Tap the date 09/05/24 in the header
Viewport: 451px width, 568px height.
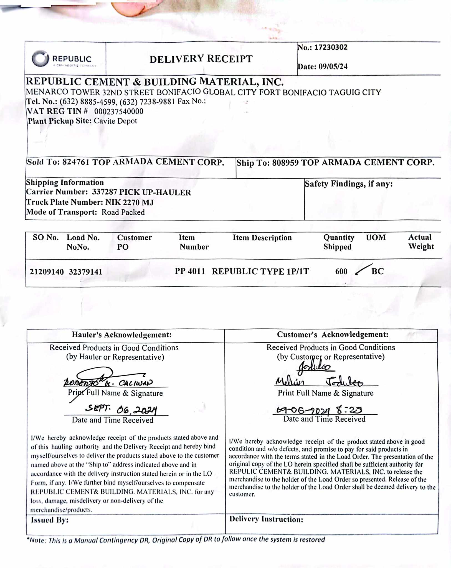tap(333, 67)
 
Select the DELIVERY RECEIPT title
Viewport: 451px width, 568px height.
tap(201, 59)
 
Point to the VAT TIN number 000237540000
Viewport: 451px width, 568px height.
tap(119, 111)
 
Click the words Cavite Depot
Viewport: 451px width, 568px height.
tap(115, 121)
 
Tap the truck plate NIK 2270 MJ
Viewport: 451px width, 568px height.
tap(129, 202)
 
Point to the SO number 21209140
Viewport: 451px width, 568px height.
tap(47, 272)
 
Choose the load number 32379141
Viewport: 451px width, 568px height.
tap(85, 272)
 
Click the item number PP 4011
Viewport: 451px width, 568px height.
tap(190, 271)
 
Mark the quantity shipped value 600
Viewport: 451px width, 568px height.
tap(341, 272)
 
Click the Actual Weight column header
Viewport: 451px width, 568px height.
tap(421, 242)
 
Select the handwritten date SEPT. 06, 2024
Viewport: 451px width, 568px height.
tap(121, 409)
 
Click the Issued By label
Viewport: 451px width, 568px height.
tap(50, 520)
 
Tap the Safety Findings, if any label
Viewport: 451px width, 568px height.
tap(349, 184)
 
